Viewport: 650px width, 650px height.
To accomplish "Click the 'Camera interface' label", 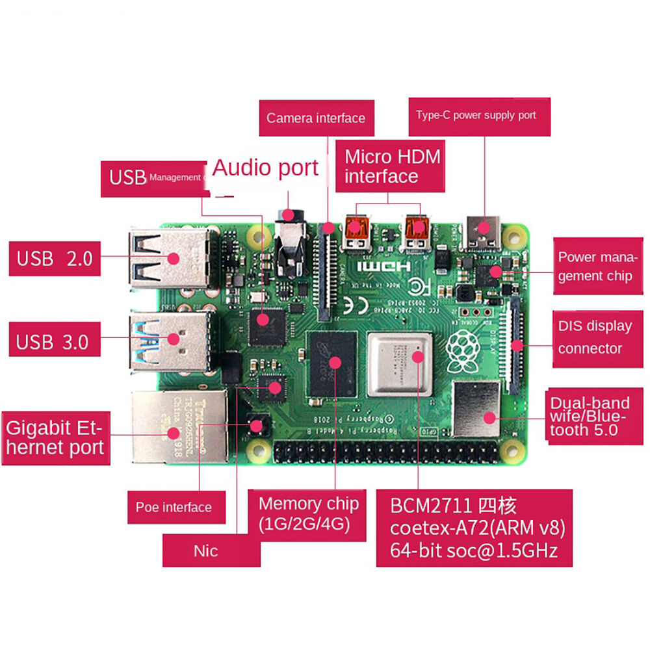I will coord(316,118).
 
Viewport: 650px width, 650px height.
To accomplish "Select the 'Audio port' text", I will coord(265,168).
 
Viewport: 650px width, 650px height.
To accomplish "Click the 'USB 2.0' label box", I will coord(55,259).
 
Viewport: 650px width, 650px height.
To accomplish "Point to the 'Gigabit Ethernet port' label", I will coord(55,437).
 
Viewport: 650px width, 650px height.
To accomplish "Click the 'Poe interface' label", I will coord(174,507).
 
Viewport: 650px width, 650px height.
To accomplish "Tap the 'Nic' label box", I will coord(205,551).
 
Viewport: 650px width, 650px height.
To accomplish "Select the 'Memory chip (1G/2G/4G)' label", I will coord(308,513).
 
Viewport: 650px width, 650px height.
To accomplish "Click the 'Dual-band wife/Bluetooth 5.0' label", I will coord(590,416).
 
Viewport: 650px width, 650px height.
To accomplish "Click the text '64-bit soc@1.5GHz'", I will coord(474,551).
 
